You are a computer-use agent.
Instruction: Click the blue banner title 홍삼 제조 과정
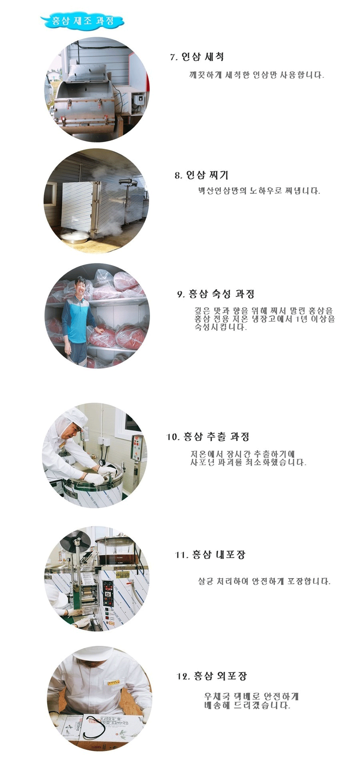83,20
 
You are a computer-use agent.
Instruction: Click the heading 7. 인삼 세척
197,57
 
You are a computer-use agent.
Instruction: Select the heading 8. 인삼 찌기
201,175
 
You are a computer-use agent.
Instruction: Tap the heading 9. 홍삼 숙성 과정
216,294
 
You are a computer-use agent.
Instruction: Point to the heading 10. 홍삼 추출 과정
208,437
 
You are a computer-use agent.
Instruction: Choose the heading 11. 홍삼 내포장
210,555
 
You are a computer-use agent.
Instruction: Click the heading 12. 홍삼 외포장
212,676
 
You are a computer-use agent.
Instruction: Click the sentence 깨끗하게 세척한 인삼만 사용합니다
256,75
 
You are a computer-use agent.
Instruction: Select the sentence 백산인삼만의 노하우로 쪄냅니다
259,191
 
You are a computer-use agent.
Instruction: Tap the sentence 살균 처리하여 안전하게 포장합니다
264,581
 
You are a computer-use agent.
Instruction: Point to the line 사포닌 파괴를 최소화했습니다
248,462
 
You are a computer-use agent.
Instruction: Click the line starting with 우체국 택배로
251,697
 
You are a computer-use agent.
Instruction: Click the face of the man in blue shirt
81,287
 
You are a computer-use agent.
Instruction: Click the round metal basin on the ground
76,237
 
